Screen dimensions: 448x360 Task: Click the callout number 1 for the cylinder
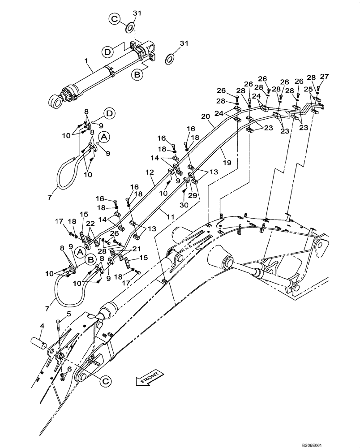86,59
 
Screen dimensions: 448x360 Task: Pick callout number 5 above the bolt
69,368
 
